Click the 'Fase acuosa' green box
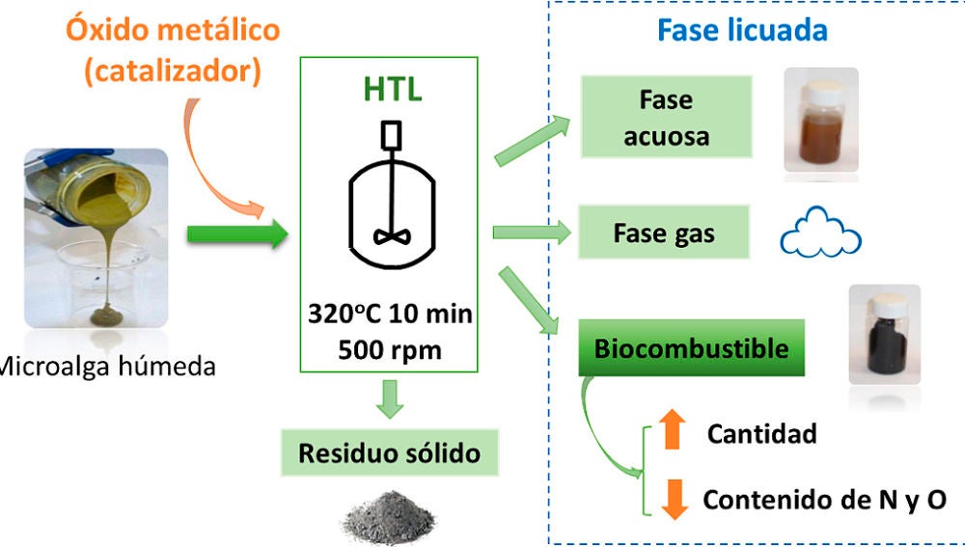coord(665,118)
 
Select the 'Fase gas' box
coord(664,232)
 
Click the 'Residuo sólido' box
coord(388,452)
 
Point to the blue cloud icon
coord(819,233)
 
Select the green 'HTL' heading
coord(391,89)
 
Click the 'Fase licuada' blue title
coord(742,30)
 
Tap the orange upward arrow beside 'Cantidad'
coord(673,429)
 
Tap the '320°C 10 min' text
coord(390,315)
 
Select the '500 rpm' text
coord(390,348)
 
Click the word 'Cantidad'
coord(761,433)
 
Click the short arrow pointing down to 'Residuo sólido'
coord(389,397)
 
